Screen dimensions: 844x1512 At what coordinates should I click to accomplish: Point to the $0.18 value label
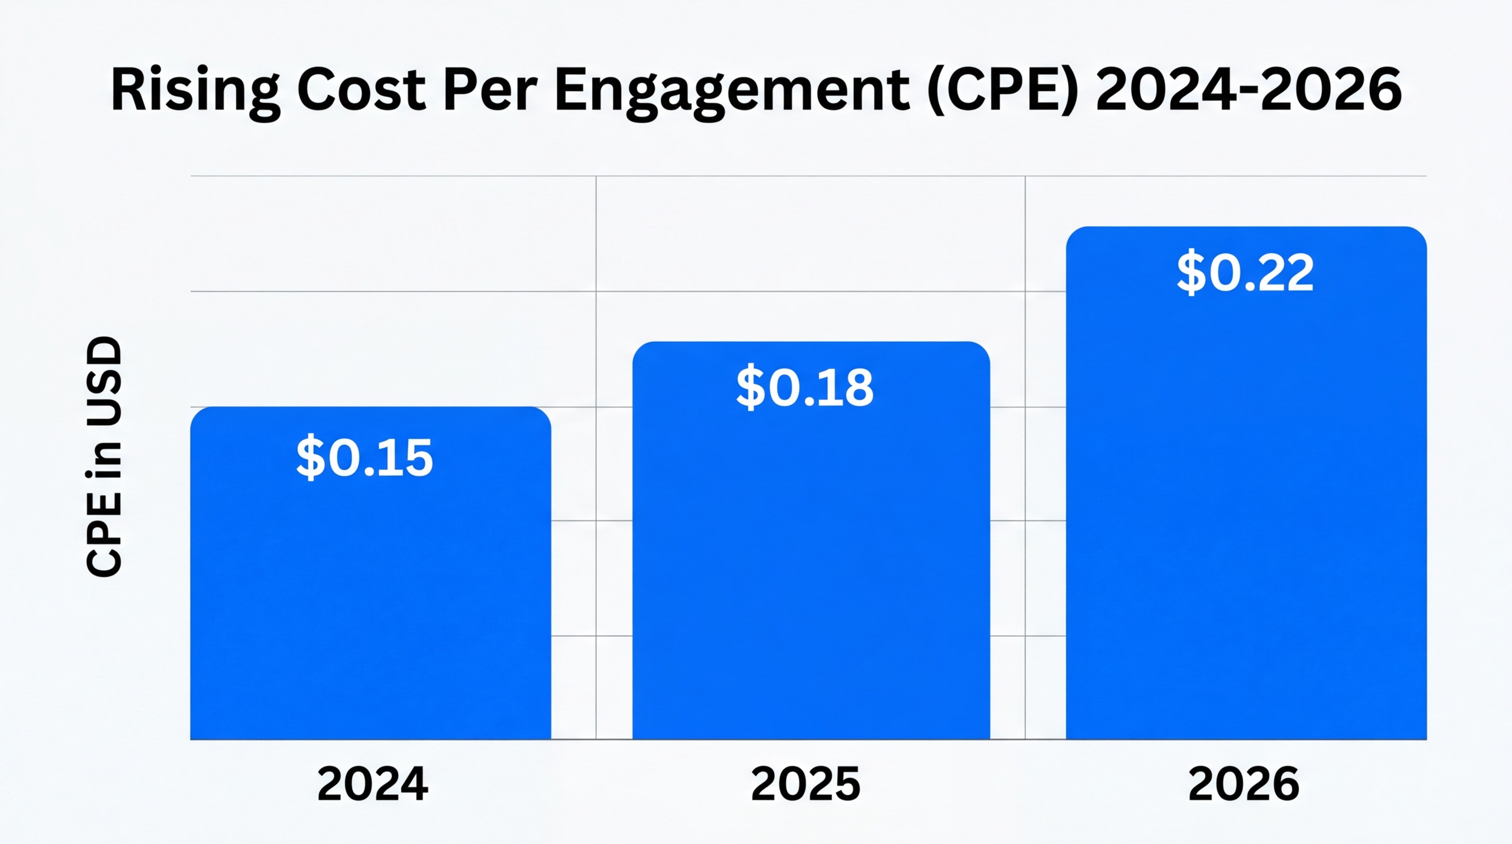tap(805, 387)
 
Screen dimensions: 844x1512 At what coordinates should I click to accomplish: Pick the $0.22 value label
tap(1245, 273)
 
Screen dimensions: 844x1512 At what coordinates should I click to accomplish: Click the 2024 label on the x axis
tap(372, 784)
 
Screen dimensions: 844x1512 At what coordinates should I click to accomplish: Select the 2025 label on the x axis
tap(805, 784)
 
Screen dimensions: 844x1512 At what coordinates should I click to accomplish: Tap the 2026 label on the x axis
tap(1243, 784)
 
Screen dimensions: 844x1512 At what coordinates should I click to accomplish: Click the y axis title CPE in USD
tap(104, 457)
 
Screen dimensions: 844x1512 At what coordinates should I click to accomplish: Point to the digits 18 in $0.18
tap(847, 387)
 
